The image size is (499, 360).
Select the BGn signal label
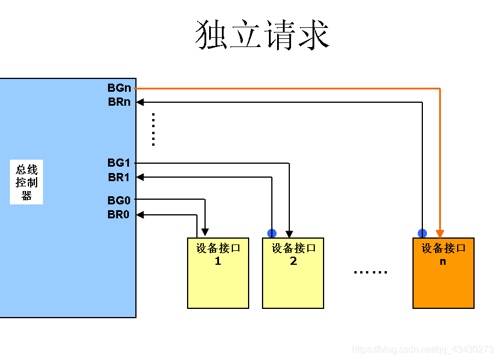pyautogui.click(x=119, y=88)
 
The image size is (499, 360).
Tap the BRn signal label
pyautogui.click(x=119, y=102)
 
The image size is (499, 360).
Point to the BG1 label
pyautogui.click(x=119, y=163)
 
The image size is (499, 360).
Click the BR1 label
pyautogui.click(x=119, y=177)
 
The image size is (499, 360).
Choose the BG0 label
pyautogui.click(x=119, y=200)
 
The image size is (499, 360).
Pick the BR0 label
pyautogui.click(x=119, y=214)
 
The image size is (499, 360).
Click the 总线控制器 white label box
pyautogui.click(x=26, y=182)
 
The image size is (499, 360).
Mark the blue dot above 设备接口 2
pyautogui.click(x=272, y=233)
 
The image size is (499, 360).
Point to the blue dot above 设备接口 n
pyautogui.click(x=422, y=233)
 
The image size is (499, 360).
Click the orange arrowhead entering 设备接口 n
pyautogui.click(x=440, y=233)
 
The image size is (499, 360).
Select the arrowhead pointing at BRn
pyautogui.click(x=140, y=102)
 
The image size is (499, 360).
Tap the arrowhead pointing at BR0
pyautogui.click(x=140, y=215)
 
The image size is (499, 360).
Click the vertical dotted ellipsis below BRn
pyautogui.click(x=153, y=129)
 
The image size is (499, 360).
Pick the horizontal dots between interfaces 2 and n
pyautogui.click(x=370, y=272)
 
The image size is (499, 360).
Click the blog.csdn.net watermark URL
pyautogui.click(x=423, y=349)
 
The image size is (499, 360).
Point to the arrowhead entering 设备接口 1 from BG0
pyautogui.click(x=205, y=233)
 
